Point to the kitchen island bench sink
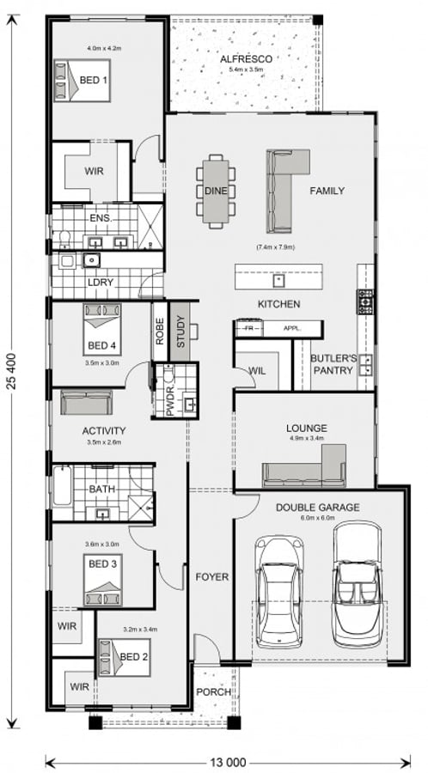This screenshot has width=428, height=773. (x=278, y=279)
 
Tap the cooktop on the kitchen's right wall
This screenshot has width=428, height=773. (x=365, y=301)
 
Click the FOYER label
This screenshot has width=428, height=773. (x=211, y=576)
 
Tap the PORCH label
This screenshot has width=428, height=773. (x=211, y=691)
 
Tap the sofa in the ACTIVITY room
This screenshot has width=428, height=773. (x=85, y=404)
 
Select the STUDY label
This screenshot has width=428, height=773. (x=180, y=331)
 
